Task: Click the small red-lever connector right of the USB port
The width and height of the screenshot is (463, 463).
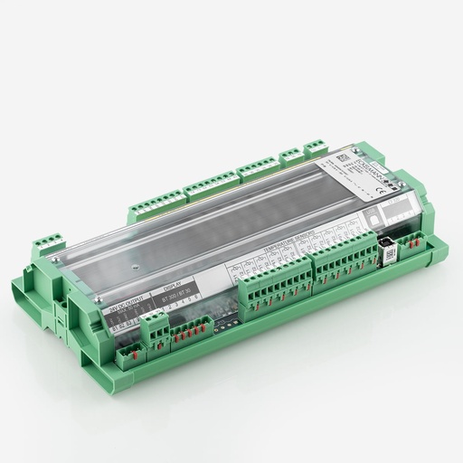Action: (411, 240)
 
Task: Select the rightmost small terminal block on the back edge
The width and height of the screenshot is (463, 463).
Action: (315, 146)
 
